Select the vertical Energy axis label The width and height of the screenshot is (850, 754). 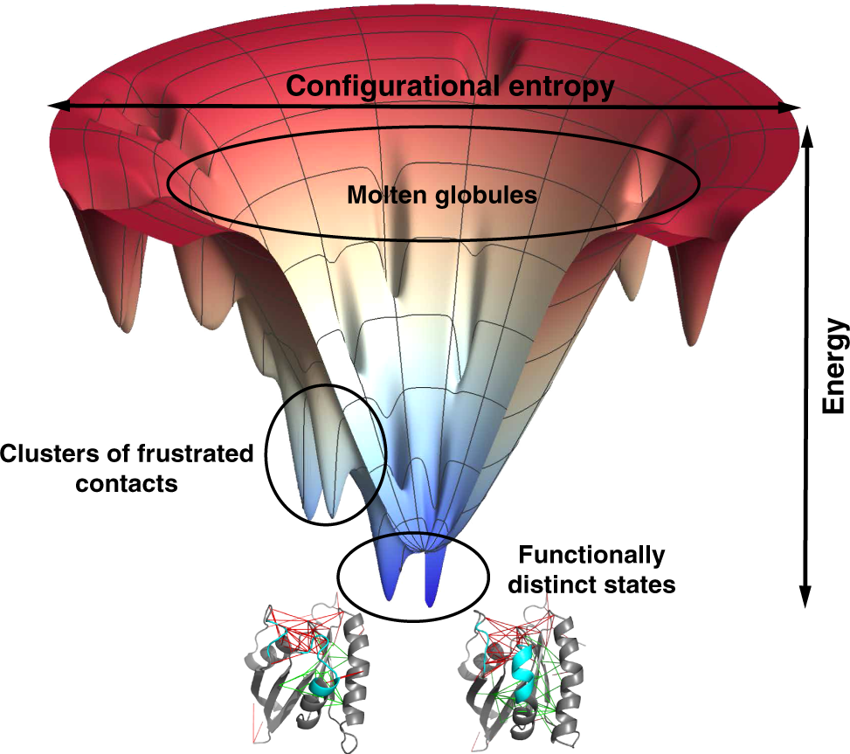tap(834, 365)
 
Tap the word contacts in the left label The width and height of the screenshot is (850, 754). tap(127, 482)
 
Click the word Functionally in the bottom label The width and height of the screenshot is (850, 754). tap(591, 555)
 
